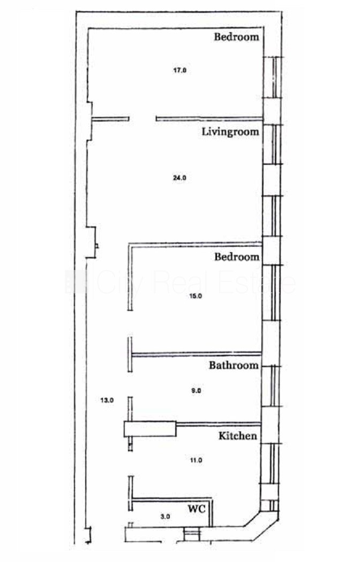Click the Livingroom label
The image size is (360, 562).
point(230,132)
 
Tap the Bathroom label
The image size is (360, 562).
point(234,365)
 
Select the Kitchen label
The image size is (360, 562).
point(238,436)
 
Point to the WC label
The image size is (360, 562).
point(197,508)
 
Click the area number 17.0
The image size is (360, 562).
point(179,70)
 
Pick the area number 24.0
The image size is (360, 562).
point(179,177)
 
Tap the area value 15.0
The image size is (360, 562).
point(196,296)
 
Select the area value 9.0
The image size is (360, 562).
point(196,391)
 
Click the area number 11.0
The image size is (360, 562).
point(196,460)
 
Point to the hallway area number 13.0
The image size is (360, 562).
point(107,400)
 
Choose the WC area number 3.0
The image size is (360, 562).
point(165,517)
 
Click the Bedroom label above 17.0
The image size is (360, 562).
point(236,36)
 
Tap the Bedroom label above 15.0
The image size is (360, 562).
point(237,256)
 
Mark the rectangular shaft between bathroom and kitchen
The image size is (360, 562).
point(150,429)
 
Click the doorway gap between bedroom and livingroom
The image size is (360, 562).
point(142,119)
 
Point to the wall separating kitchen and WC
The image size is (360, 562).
point(171,499)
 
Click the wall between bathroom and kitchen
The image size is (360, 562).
point(219,424)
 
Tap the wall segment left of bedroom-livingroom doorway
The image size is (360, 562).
point(110,119)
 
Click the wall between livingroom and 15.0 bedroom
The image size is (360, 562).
point(196,244)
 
